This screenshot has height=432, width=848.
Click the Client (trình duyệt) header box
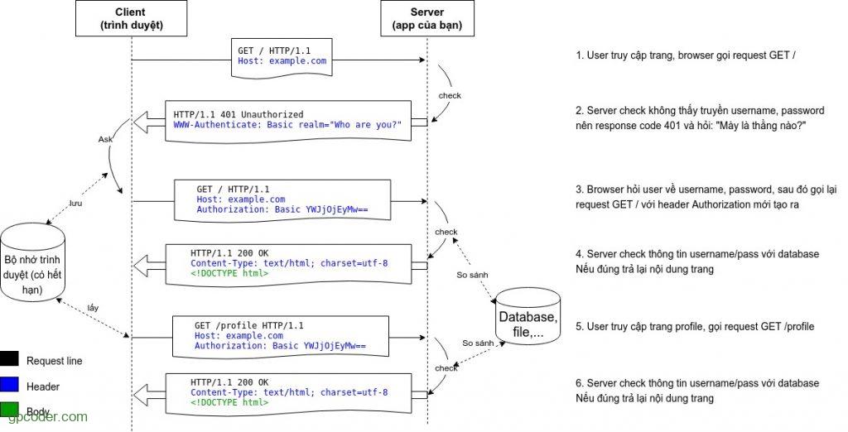[x=132, y=18]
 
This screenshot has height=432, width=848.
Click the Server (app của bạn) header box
[x=426, y=18]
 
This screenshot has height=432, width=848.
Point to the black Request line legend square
[x=10, y=360]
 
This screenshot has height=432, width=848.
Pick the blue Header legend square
[x=10, y=386]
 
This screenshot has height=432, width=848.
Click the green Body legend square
[x=10, y=410]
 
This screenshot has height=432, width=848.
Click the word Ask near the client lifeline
[x=105, y=140]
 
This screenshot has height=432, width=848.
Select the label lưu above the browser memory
[x=75, y=201]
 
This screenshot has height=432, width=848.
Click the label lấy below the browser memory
[x=94, y=308]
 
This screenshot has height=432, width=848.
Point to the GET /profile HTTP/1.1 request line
[x=248, y=326]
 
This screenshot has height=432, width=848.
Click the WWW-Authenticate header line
[x=287, y=124]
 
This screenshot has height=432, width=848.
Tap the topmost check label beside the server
[x=450, y=95]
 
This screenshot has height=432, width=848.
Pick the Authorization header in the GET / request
[x=282, y=210]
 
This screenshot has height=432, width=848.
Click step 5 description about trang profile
[x=695, y=327]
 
